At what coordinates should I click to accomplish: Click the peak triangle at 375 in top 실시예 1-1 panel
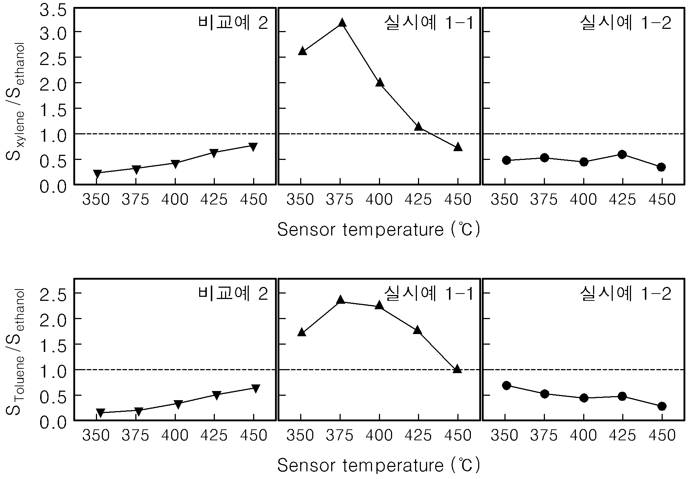click(342, 23)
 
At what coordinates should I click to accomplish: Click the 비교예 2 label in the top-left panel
click(233, 23)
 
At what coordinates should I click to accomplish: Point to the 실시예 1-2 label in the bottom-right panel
click(626, 294)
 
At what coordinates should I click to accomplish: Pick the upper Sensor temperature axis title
click(379, 229)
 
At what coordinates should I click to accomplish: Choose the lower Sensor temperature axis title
click(379, 465)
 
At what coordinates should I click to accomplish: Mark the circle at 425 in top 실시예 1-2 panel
click(622, 154)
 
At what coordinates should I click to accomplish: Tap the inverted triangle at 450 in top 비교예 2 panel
click(253, 147)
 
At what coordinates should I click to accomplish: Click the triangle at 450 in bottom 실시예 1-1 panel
click(457, 369)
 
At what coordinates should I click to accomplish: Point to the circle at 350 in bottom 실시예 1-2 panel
click(506, 386)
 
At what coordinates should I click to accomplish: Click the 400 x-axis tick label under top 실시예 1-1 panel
click(379, 200)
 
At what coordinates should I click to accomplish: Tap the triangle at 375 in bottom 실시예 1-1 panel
click(341, 300)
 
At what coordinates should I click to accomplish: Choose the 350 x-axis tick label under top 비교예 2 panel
click(96, 200)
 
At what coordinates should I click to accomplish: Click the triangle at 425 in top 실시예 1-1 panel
click(418, 126)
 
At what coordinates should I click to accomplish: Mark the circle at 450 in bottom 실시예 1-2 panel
click(662, 406)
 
